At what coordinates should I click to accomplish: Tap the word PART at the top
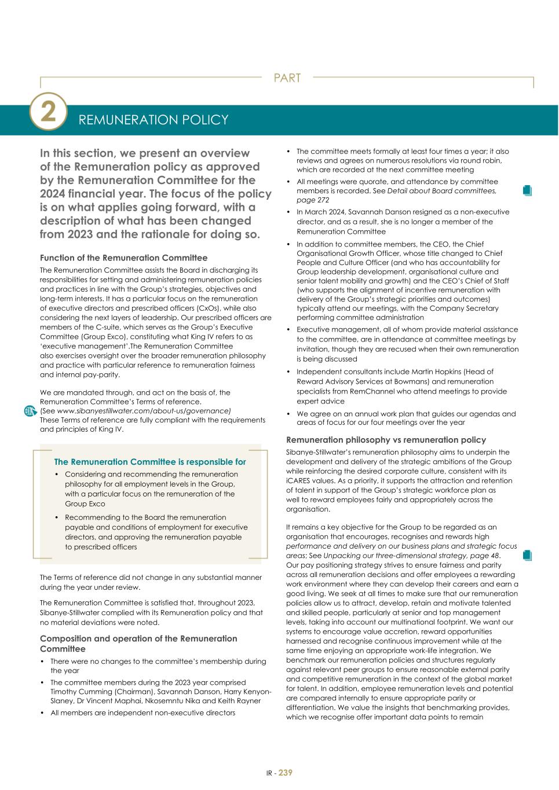pos(287,78)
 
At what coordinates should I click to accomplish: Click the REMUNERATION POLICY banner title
pos(153,120)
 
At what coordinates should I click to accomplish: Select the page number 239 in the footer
pos(286,773)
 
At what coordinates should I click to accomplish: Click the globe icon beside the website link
pos(31,411)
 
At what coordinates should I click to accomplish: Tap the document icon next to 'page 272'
pos(527,190)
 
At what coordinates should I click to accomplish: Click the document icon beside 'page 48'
pos(527,556)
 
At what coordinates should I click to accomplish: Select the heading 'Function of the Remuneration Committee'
pos(123,258)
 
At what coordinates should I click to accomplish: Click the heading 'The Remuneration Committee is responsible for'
pos(150,462)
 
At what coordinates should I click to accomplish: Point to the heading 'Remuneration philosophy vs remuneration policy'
pos(386,440)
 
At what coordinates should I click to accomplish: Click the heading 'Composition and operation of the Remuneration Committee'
pos(138,644)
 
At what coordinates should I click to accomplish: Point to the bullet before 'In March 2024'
pos(289,212)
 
